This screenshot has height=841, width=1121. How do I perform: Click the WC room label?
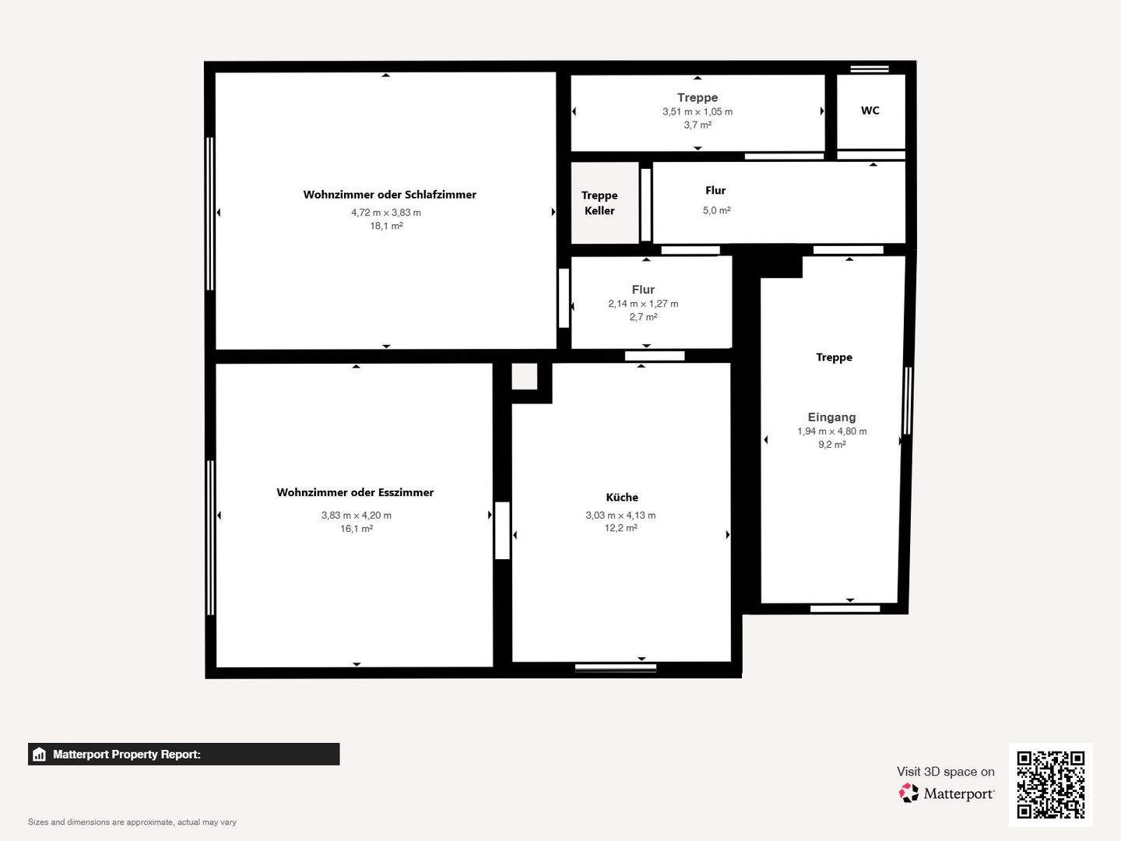870,111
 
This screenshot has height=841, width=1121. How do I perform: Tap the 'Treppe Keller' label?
599,203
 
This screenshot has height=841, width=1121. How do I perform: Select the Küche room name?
621,498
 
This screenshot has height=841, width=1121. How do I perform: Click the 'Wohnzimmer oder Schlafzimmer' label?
389,195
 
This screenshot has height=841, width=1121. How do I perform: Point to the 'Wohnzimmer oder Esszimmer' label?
355,492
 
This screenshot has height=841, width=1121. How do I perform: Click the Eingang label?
831,417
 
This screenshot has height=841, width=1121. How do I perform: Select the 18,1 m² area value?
386,227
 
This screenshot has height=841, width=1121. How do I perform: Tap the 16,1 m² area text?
357,529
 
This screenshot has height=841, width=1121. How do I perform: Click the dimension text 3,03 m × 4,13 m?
620,516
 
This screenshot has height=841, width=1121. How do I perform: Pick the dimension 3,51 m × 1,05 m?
698,112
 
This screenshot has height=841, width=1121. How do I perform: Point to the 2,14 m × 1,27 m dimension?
643,304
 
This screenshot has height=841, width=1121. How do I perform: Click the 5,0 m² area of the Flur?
716,211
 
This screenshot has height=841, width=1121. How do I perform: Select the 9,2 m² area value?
831,445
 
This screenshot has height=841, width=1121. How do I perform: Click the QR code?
1050,784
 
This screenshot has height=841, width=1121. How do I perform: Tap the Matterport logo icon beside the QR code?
908,793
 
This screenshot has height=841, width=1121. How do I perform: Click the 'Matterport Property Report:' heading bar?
184,754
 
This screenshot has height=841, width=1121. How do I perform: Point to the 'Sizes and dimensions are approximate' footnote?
132,822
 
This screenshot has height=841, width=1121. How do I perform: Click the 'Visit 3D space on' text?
945,772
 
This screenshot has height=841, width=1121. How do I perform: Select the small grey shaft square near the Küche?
524,377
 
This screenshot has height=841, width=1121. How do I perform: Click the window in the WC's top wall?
870,69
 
